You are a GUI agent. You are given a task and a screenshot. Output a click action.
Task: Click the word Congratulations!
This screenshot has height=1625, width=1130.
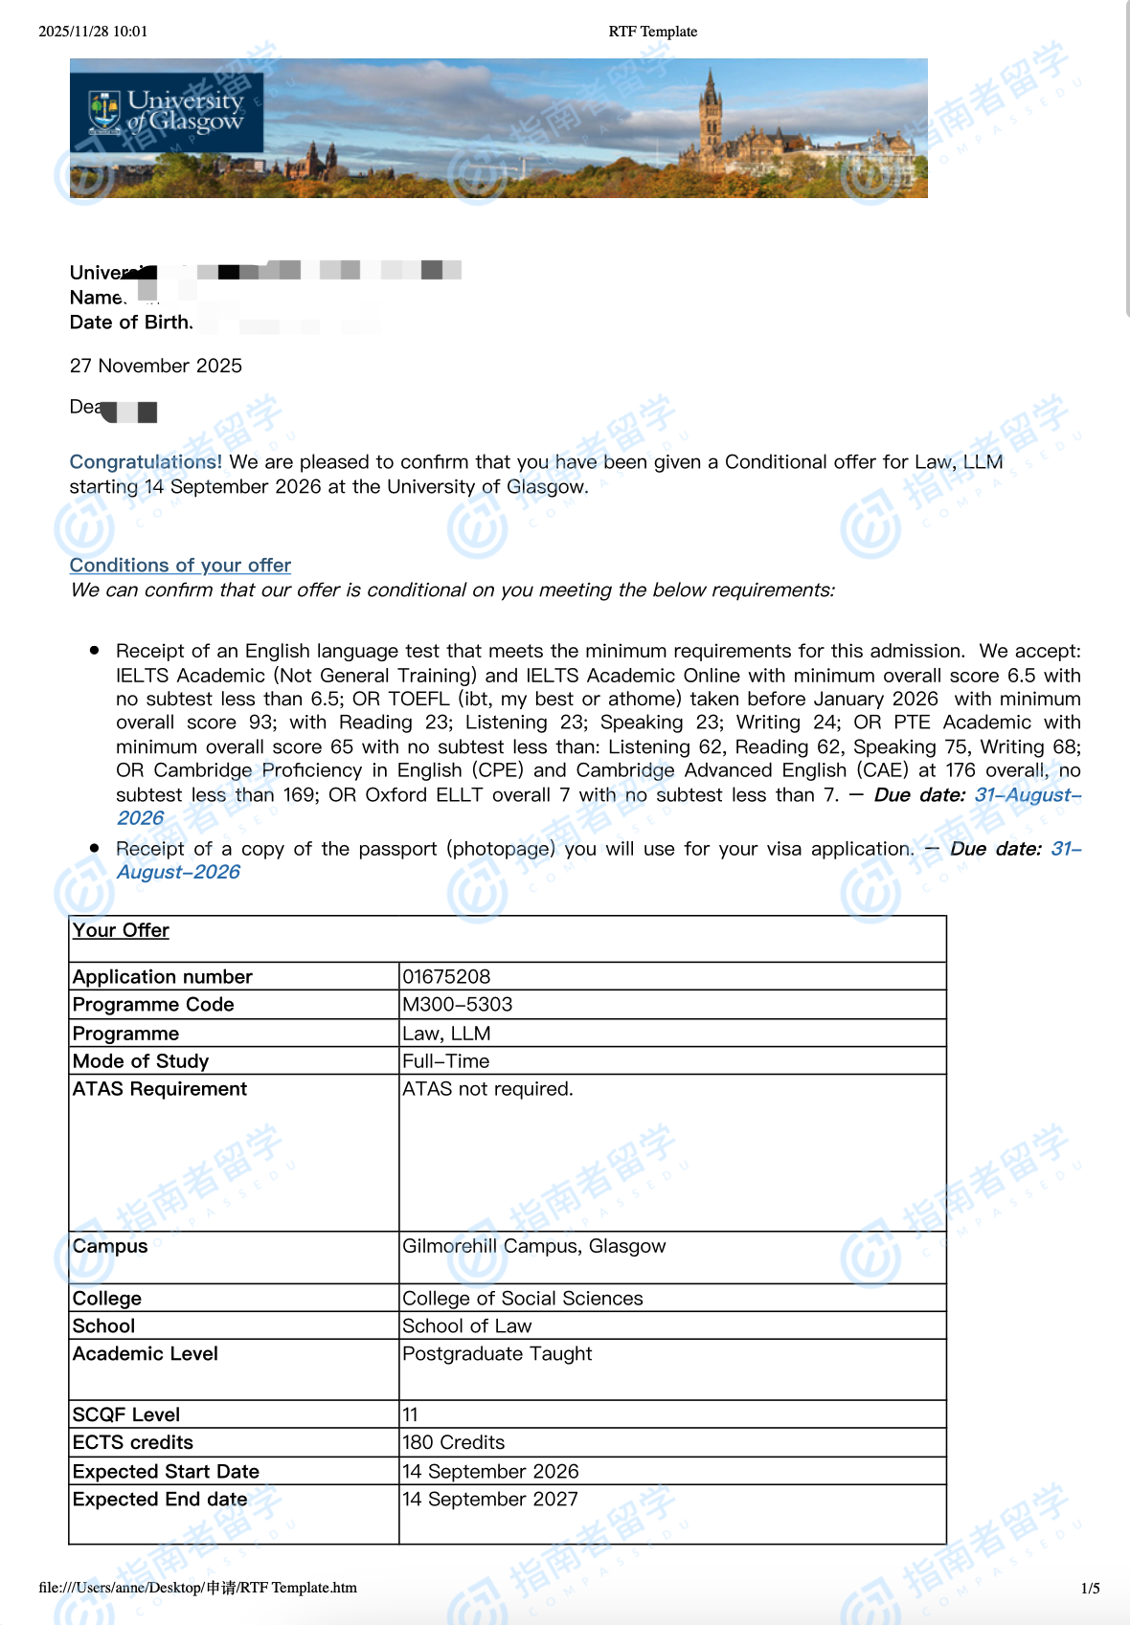146,462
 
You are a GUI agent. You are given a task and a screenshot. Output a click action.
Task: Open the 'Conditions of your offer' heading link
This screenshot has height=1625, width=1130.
180,566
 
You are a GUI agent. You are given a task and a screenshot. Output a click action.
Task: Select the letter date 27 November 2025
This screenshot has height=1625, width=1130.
156,366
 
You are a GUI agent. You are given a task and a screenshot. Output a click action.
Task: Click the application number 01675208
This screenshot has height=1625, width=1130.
446,976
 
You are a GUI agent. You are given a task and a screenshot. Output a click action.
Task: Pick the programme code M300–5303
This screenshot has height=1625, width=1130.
457,1004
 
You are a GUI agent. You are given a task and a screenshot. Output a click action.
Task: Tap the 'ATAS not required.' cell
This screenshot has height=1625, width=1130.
487,1089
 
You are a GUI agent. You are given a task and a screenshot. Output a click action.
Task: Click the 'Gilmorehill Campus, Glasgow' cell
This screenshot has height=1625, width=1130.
533,1246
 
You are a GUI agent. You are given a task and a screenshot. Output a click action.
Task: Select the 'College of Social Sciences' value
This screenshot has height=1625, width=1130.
522,1299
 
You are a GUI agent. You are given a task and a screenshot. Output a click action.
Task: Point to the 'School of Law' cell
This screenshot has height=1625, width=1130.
466,1326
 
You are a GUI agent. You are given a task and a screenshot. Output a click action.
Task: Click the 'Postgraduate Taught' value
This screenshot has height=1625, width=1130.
497,1354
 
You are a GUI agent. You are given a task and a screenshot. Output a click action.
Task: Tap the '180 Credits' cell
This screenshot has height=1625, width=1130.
453,1442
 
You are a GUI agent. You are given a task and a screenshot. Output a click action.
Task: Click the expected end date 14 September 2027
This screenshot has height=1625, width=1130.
490,1500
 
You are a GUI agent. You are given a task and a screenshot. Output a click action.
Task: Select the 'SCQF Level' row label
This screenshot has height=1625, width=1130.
126,1414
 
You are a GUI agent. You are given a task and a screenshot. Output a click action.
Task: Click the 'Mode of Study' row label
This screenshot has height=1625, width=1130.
141,1061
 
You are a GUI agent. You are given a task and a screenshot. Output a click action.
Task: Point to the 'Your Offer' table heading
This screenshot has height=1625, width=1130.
121,930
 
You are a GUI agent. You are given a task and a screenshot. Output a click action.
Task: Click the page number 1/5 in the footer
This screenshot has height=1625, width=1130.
1090,1589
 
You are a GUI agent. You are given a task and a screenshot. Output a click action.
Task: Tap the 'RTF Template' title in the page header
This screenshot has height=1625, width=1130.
652,32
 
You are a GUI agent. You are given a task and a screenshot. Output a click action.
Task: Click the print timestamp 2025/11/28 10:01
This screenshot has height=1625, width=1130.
93,32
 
